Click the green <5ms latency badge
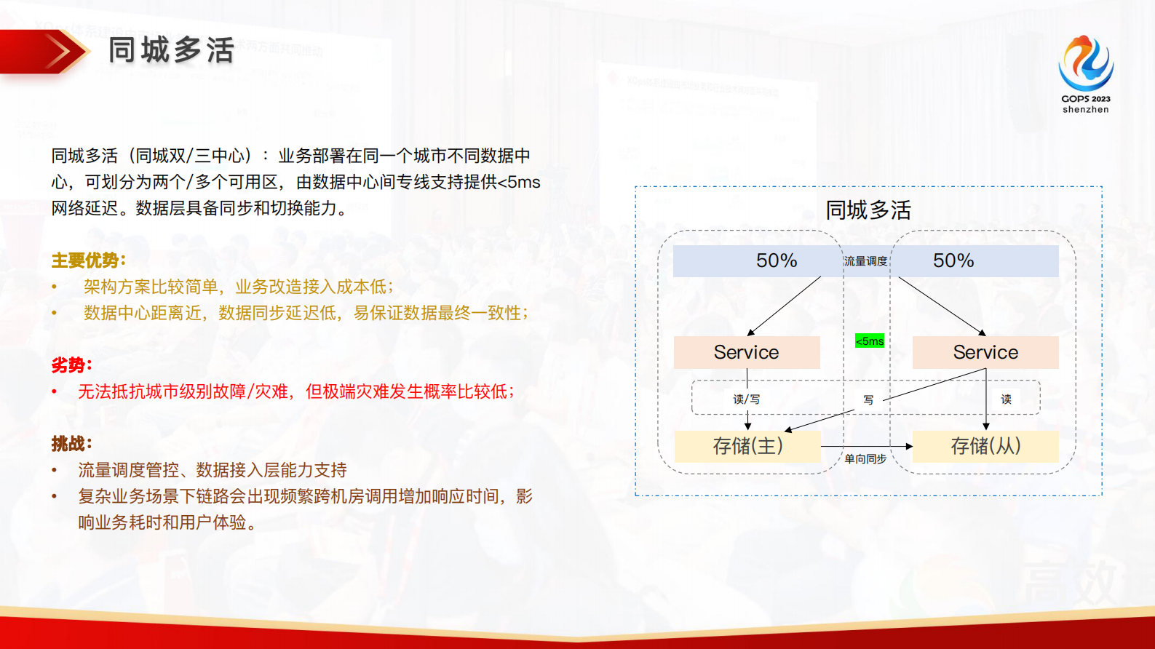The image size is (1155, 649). click(x=870, y=341)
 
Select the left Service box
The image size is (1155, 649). click(x=747, y=352)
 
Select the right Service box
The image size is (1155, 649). click(x=985, y=352)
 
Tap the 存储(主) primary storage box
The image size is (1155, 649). click(x=747, y=446)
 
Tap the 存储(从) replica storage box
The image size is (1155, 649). click(x=985, y=446)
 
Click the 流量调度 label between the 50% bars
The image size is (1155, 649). click(x=866, y=261)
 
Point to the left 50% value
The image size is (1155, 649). click(x=777, y=260)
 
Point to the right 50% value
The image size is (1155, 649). click(x=953, y=260)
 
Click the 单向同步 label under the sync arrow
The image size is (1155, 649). click(x=865, y=459)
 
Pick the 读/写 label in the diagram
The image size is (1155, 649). click(x=746, y=399)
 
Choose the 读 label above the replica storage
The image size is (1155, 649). click(x=1006, y=399)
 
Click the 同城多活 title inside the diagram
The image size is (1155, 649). click(x=868, y=210)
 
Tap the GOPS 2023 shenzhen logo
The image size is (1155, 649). click(x=1086, y=74)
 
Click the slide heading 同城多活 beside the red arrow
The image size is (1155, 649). click(x=172, y=50)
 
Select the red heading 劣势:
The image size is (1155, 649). click(x=71, y=365)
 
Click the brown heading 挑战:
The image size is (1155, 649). click(x=71, y=443)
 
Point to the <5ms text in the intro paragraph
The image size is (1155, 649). click(x=519, y=182)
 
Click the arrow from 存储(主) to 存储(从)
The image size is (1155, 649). click(x=867, y=447)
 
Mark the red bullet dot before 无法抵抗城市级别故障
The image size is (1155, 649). click(x=55, y=391)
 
